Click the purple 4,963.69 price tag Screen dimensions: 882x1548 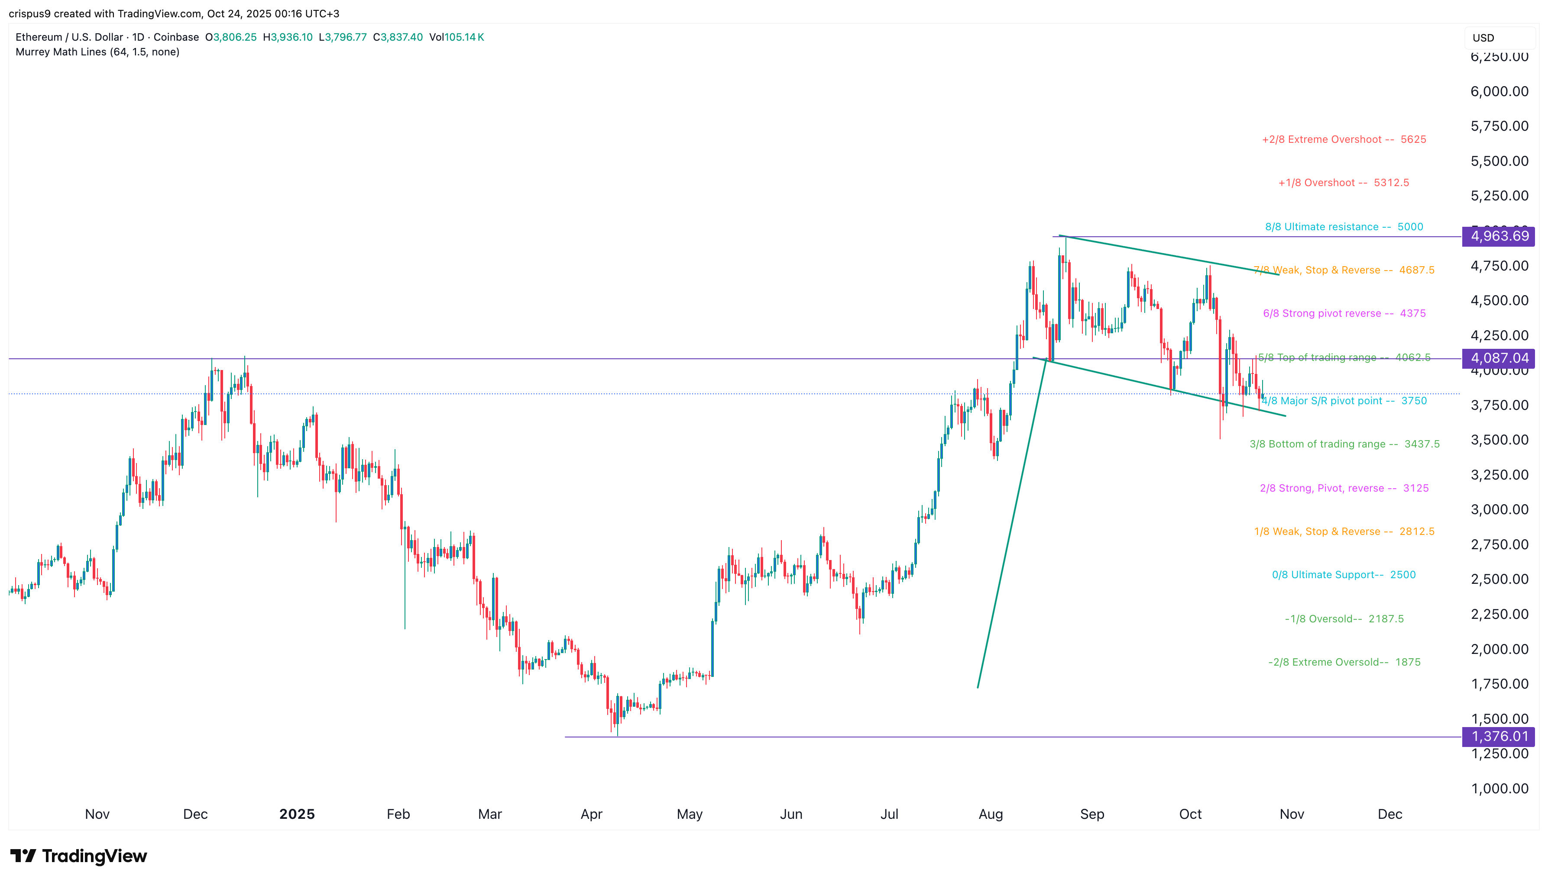(x=1498, y=236)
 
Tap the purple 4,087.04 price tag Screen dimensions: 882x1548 (x=1498, y=358)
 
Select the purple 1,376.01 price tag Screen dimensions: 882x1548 (x=1498, y=737)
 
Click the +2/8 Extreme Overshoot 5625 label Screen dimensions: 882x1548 (x=1344, y=139)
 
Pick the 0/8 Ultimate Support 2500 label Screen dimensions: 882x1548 (x=1344, y=575)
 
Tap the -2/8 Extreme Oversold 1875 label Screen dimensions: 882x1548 (x=1344, y=662)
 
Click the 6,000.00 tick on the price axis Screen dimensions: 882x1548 (x=1499, y=91)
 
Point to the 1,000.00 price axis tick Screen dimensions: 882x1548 (x=1499, y=789)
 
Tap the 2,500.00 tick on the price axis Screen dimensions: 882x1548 (x=1499, y=579)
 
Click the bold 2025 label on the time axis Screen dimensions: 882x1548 (x=297, y=814)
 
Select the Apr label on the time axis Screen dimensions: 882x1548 (x=592, y=814)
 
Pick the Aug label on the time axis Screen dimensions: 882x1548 (x=991, y=814)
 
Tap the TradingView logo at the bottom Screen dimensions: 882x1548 (x=79, y=856)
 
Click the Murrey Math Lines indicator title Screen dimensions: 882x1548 (x=97, y=52)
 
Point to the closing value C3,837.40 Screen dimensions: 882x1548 (x=398, y=37)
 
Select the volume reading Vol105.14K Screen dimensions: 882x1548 (x=457, y=37)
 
